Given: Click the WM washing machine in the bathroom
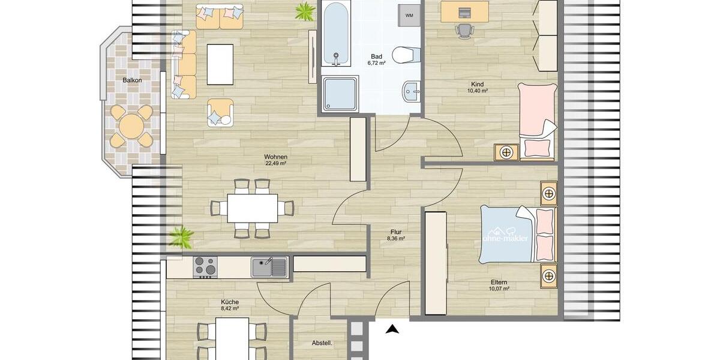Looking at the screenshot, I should tap(409, 15).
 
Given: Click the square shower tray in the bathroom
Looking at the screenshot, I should tap(340, 94).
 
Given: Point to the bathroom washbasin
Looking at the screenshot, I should tap(412, 93).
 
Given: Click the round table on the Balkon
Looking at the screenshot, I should tap(131, 127).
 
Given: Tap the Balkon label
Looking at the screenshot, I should tap(133, 80).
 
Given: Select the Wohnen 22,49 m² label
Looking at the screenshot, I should tap(276, 160).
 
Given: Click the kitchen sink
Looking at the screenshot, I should tap(269, 267).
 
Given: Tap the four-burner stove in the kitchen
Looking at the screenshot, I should tap(205, 267).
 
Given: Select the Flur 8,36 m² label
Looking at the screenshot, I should tap(395, 235).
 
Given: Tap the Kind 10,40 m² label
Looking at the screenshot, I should tap(477, 88).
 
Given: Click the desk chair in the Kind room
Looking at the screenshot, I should tap(463, 29).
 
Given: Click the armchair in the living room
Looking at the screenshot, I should tap(220, 113).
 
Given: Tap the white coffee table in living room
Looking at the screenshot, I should tap(220, 64).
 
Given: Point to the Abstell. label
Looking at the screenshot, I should tap(322, 343).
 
